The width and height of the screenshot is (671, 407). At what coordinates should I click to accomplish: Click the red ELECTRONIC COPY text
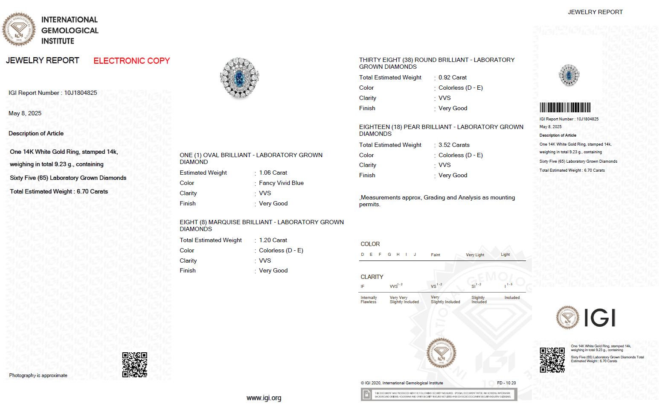coord(131,61)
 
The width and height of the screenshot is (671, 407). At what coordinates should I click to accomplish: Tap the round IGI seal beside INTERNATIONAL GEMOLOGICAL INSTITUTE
coord(19,29)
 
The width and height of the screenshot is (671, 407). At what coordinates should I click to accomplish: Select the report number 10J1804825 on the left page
coord(81,93)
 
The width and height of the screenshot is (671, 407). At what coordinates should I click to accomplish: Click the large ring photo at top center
coord(240,78)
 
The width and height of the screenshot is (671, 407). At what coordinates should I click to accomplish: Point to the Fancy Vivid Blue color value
coord(281,183)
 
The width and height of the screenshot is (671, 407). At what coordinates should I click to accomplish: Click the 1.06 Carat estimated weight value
coord(273,173)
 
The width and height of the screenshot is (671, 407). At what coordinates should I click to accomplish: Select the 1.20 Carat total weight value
coord(273,240)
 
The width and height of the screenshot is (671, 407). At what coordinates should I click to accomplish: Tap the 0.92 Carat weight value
coord(452,78)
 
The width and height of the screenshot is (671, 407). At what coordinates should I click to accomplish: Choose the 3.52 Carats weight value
coord(454,145)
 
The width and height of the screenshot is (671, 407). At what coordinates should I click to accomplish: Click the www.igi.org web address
coord(264,398)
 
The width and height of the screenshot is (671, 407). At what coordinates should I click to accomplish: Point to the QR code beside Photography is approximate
coord(135,365)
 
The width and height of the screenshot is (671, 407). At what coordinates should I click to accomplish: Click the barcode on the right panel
coord(565,107)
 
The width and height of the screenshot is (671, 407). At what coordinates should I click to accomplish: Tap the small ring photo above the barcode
coord(569,75)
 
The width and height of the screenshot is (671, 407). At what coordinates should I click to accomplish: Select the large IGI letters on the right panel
coord(599,318)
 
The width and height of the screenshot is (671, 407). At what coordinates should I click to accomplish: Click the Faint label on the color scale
coord(435,255)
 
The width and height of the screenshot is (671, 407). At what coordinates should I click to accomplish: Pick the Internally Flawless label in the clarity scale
coord(369,300)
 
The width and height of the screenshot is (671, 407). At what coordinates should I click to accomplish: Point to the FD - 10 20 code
coord(506,383)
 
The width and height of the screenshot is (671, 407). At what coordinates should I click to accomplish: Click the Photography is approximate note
coord(38,376)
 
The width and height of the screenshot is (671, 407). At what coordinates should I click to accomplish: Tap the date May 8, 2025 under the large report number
coord(25,114)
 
